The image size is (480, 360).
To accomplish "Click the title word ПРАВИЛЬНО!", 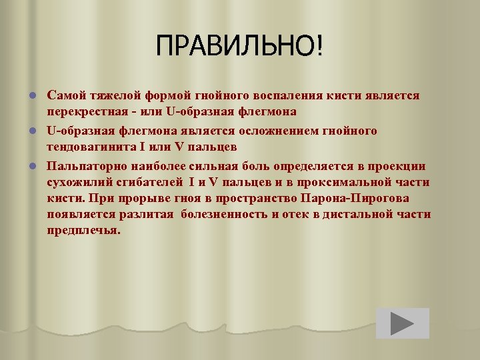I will (x=239, y=47).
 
